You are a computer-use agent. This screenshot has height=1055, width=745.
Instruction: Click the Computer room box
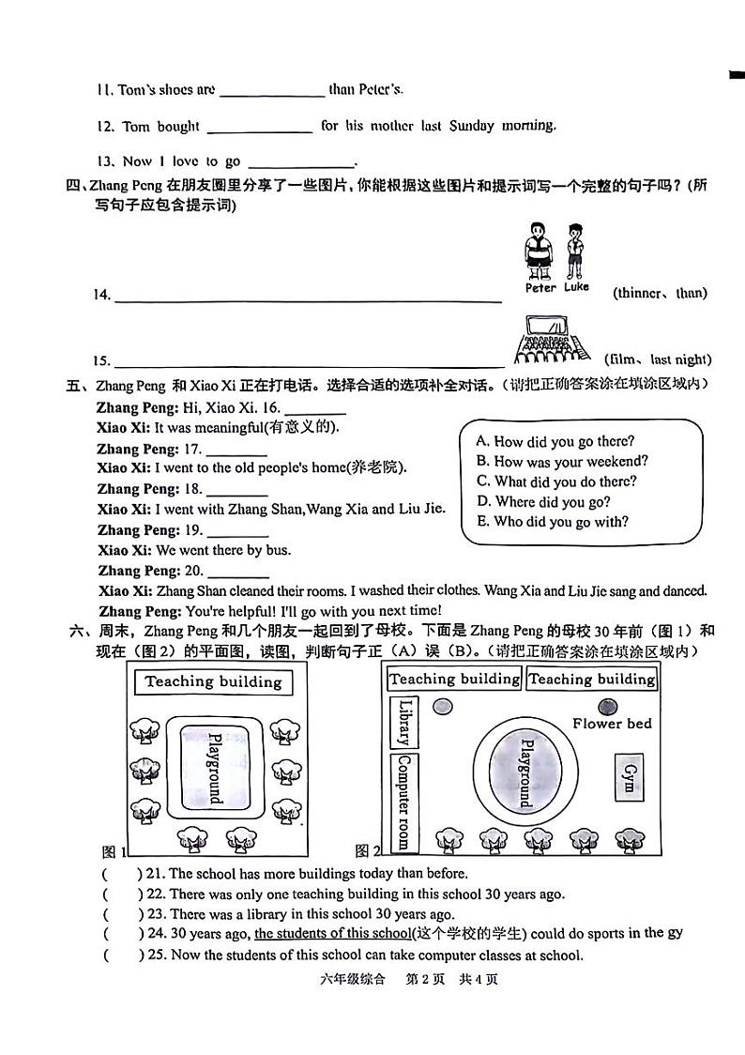click(404, 802)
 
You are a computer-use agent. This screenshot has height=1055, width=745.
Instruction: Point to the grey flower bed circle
click(607, 706)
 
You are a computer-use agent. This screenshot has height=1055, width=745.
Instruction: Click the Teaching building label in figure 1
click(213, 681)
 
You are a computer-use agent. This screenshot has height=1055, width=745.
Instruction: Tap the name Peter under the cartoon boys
click(540, 288)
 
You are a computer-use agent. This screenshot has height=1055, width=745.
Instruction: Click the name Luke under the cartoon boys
click(576, 287)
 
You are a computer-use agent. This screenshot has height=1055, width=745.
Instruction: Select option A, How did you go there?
click(555, 441)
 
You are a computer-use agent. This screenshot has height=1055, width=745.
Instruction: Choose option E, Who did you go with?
click(552, 522)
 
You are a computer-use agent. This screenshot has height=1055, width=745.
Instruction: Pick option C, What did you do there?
click(555, 482)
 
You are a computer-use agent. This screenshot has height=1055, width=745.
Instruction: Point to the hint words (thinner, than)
click(660, 293)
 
